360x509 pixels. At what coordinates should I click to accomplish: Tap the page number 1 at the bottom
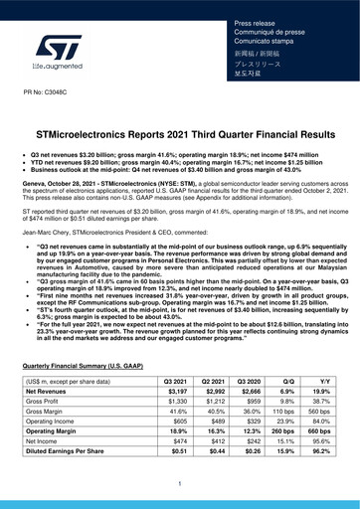179,484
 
